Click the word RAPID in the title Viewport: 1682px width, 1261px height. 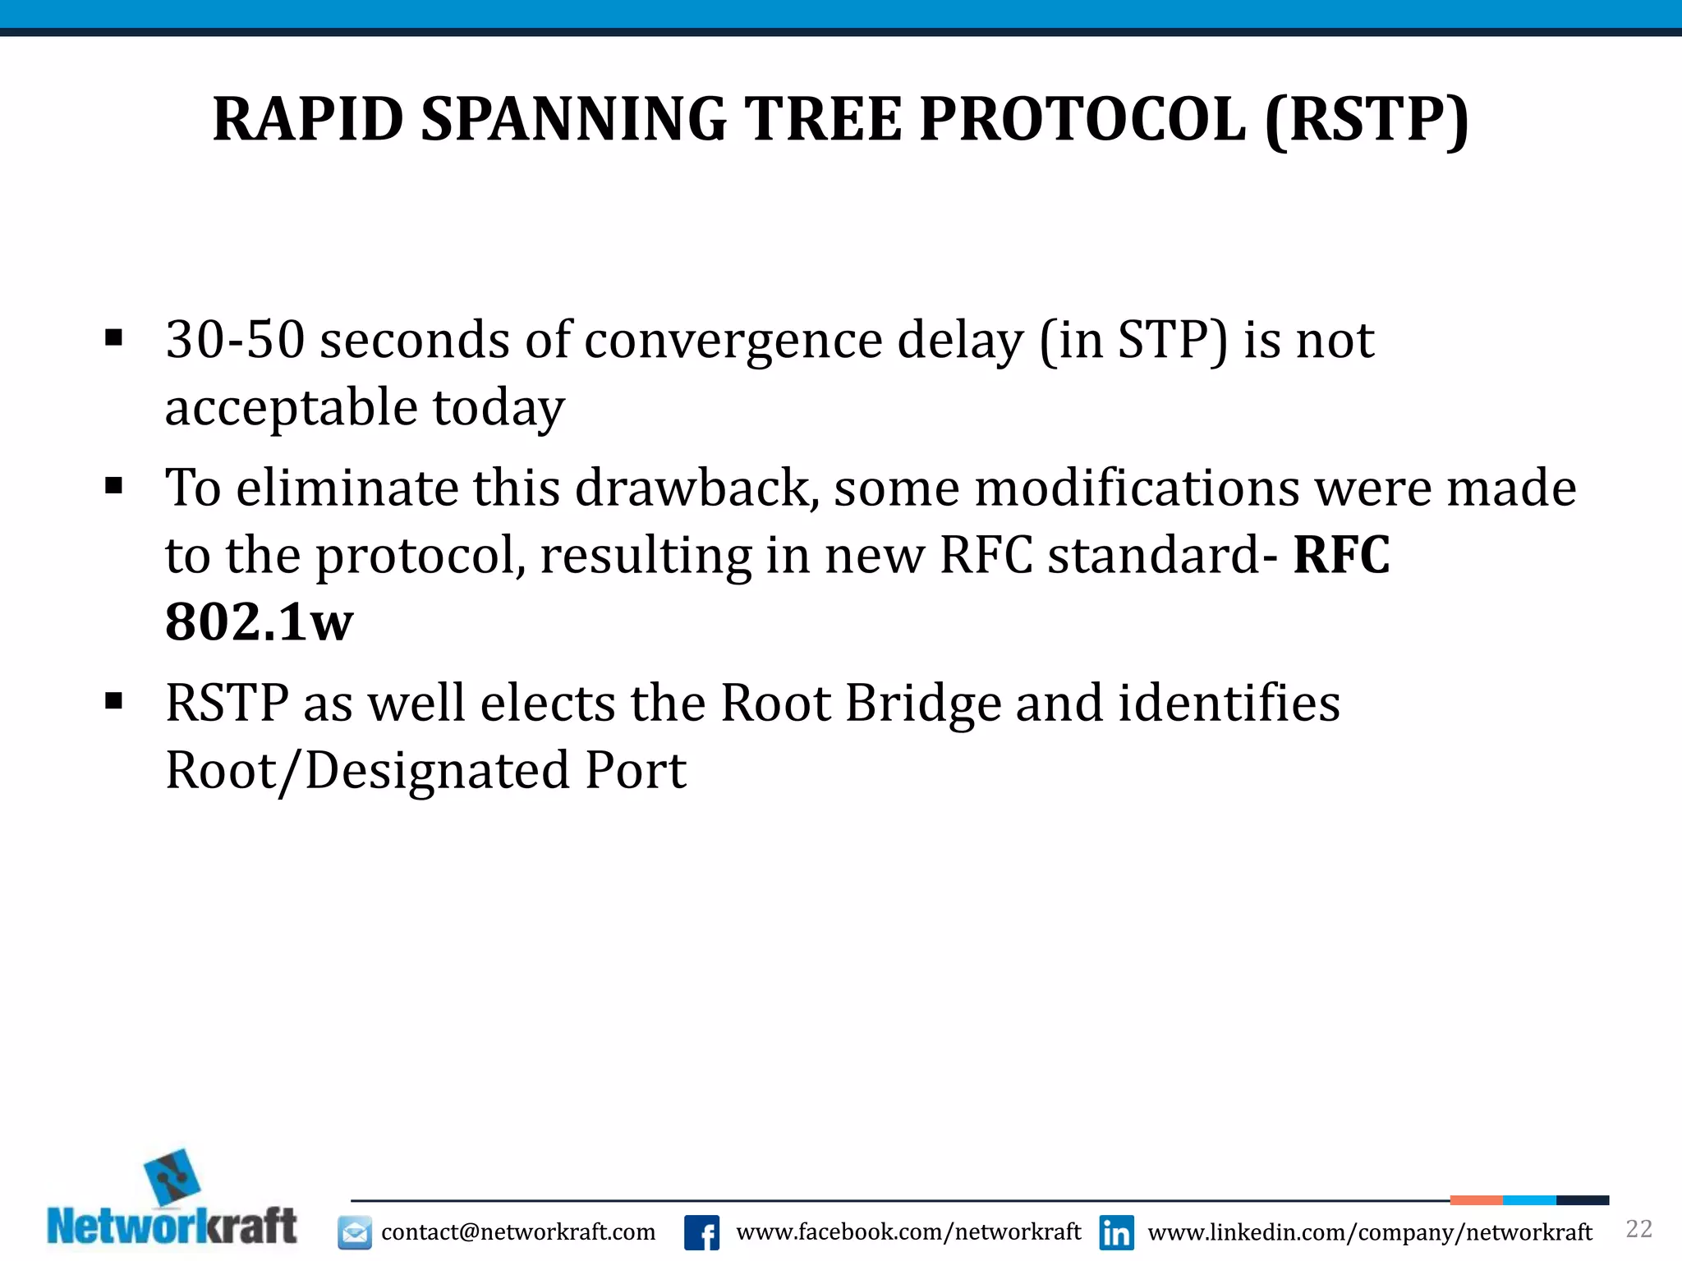pyautogui.click(x=308, y=120)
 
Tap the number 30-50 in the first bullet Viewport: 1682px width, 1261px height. pyautogui.click(x=235, y=340)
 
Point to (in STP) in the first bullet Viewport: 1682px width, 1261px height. pyautogui.click(x=1133, y=340)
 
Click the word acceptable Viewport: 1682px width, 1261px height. pyautogui.click(x=292, y=407)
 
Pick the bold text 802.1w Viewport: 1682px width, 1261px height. pyautogui.click(x=259, y=622)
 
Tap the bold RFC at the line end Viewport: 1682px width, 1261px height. pyautogui.click(x=1341, y=555)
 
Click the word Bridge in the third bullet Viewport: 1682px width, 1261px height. pyautogui.click(x=923, y=704)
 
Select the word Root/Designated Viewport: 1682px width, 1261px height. pyautogui.click(x=367, y=771)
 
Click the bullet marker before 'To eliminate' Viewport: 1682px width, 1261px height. pyautogui.click(x=114, y=486)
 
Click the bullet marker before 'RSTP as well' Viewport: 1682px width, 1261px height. pyautogui.click(x=114, y=702)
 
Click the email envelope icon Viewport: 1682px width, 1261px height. pyautogui.click(x=355, y=1232)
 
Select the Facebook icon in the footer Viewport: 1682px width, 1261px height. pyautogui.click(x=702, y=1232)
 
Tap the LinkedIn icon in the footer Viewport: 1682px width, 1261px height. pyautogui.click(x=1117, y=1232)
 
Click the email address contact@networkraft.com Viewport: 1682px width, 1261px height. pyautogui.click(x=518, y=1232)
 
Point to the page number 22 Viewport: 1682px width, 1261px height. pyautogui.click(x=1638, y=1229)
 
